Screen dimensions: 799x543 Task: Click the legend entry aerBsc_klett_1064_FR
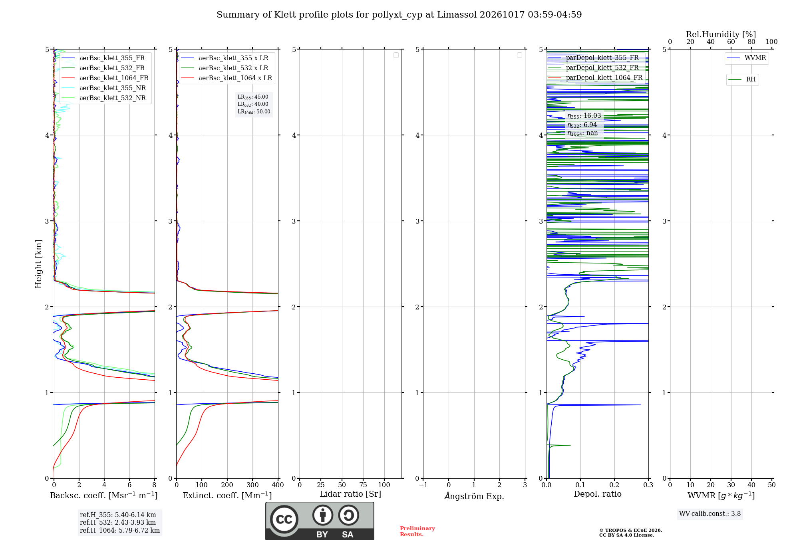tap(105, 78)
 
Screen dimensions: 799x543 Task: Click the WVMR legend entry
tap(746, 58)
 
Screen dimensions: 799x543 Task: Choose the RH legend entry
tap(742, 79)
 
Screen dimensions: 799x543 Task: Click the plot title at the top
tap(399, 15)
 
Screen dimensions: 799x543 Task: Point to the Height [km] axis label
tap(38, 264)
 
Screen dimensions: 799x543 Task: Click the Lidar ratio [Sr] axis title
tap(350, 494)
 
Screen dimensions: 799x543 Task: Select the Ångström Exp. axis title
tap(474, 495)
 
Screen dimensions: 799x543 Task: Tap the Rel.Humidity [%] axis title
tap(721, 34)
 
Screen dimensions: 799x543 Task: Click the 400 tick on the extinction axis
tap(278, 485)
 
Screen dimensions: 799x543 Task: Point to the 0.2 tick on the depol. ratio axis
tap(614, 485)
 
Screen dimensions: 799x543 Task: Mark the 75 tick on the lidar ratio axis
tap(363, 485)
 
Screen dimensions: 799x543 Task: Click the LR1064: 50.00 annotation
tap(254, 112)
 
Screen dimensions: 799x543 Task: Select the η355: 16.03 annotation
tap(584, 116)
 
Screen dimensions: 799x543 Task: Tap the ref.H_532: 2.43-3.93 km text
tap(118, 522)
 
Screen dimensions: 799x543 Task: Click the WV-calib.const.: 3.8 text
tap(710, 513)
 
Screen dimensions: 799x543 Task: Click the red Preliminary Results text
tap(417, 531)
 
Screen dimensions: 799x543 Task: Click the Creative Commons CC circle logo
tap(284, 519)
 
